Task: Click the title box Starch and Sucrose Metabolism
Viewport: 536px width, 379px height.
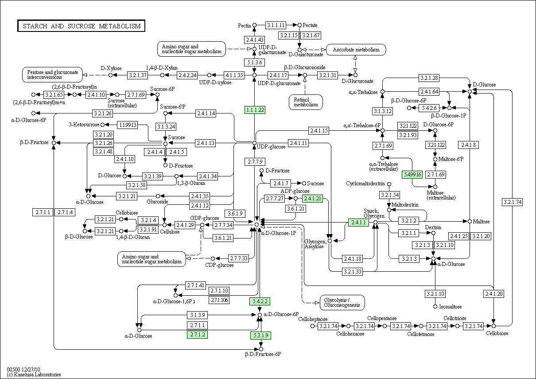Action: (x=82, y=26)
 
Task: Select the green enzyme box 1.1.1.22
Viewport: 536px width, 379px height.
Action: (x=255, y=110)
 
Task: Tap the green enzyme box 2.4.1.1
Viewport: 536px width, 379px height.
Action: (x=358, y=222)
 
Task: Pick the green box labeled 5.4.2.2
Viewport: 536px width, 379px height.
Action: (x=260, y=301)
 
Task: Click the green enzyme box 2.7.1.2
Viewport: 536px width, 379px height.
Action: (x=197, y=335)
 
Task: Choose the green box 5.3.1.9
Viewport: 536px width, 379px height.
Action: (x=260, y=335)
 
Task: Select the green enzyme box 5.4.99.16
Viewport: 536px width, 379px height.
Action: (x=412, y=174)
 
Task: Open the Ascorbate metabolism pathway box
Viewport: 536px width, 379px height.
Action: (x=356, y=50)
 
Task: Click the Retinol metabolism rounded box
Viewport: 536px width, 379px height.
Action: (x=306, y=102)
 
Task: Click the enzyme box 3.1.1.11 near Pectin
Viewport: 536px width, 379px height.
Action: (x=276, y=25)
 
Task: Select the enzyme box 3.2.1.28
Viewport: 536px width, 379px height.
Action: (x=429, y=78)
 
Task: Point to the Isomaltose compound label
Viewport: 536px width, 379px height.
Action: (x=451, y=307)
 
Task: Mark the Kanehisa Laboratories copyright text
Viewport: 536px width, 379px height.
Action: (x=34, y=375)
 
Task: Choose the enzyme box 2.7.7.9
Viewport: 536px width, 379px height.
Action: (x=255, y=161)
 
